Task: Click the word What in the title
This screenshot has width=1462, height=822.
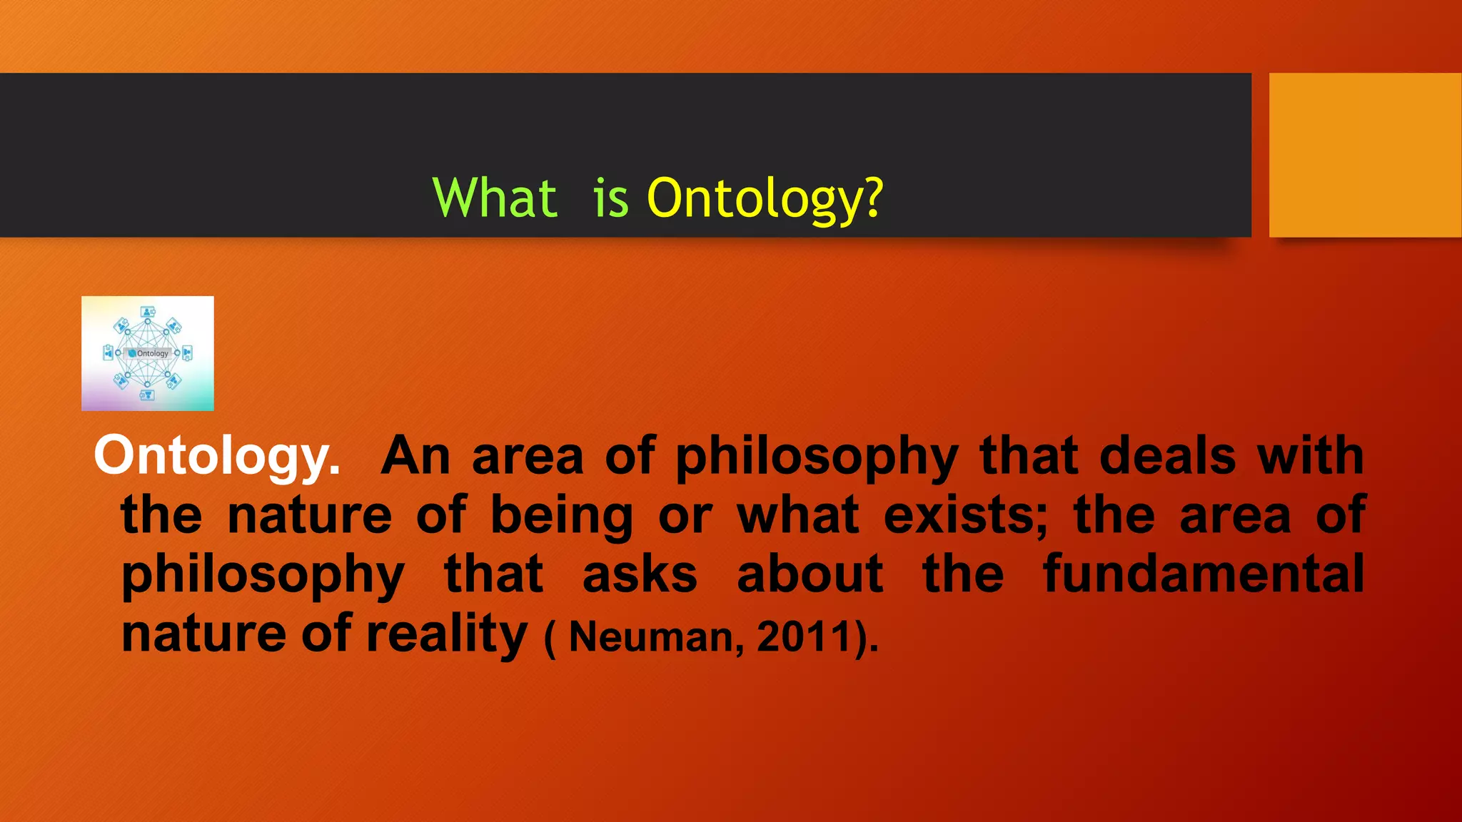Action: (x=495, y=198)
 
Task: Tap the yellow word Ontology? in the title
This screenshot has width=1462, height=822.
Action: (x=765, y=198)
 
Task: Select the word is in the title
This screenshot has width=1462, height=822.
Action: (x=611, y=198)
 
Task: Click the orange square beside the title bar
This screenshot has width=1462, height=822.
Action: (x=1365, y=155)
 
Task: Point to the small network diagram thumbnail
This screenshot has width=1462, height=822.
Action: (x=148, y=353)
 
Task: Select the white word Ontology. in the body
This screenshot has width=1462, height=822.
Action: (x=217, y=457)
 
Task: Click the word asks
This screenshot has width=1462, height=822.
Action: (x=640, y=574)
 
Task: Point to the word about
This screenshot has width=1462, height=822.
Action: (x=810, y=574)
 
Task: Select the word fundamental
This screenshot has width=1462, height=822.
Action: (x=1204, y=574)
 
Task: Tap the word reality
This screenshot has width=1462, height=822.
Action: (x=447, y=634)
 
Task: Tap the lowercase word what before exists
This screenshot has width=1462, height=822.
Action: (x=798, y=515)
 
